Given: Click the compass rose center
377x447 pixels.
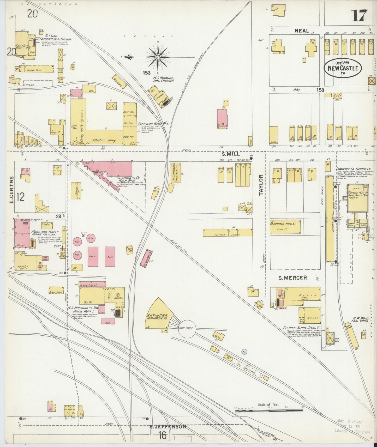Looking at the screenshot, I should pyautogui.click(x=158, y=57).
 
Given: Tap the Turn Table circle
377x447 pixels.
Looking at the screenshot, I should pyautogui.click(x=187, y=329).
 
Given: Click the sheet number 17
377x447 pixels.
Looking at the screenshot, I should pyautogui.click(x=359, y=16).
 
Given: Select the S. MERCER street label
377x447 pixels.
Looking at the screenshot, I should pyautogui.click(x=293, y=278).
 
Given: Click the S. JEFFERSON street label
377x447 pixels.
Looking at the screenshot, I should pyautogui.click(x=168, y=427).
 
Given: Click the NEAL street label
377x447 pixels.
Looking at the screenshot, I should pyautogui.click(x=302, y=31).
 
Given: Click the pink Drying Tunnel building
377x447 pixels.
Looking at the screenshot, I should pyautogui.click(x=92, y=284).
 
